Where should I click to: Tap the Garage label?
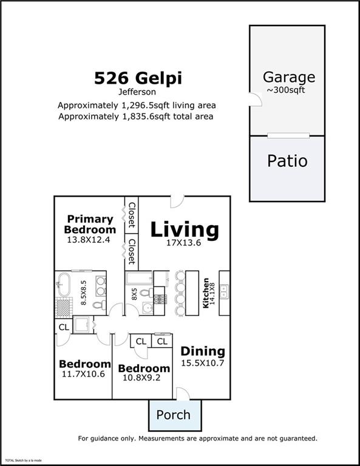[x=288, y=77]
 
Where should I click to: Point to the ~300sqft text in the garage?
[x=288, y=90]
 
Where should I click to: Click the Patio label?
[x=287, y=161]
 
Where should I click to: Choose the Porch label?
[x=173, y=415]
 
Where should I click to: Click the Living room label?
[x=184, y=230]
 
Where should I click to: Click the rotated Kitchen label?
[x=206, y=293]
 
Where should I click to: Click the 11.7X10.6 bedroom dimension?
[x=84, y=374]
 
